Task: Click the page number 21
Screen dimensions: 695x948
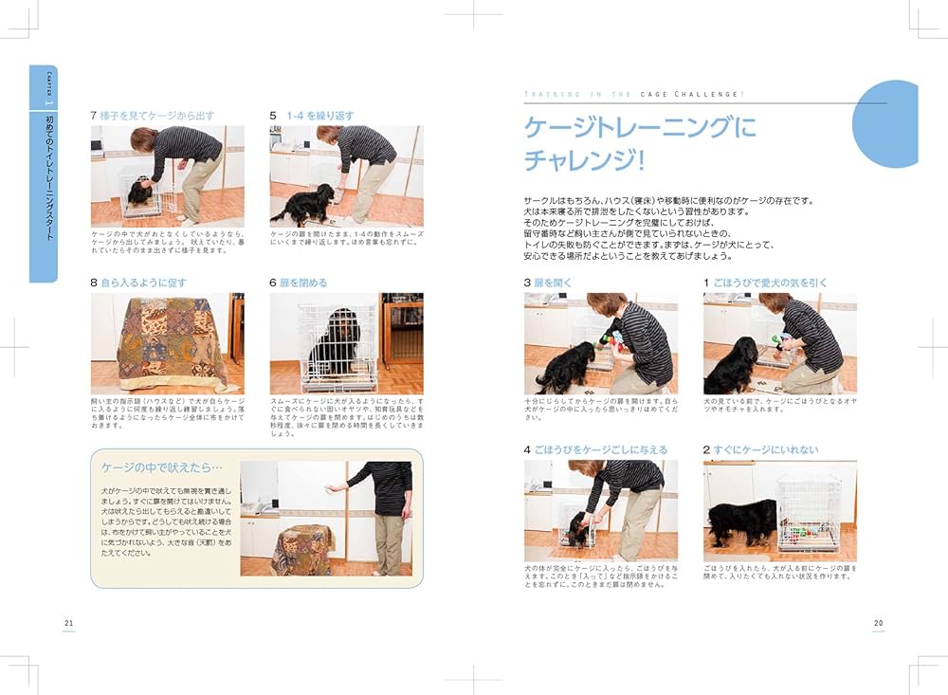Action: [x=68, y=622]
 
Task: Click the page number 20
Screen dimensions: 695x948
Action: [x=878, y=622]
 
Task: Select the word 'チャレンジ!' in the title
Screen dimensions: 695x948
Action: [x=584, y=160]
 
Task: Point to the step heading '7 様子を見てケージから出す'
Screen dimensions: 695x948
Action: [x=152, y=116]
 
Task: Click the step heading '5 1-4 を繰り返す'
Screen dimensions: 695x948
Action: [x=312, y=116]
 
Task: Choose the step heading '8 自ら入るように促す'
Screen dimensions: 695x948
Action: [x=138, y=283]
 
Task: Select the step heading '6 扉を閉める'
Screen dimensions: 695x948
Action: [x=299, y=283]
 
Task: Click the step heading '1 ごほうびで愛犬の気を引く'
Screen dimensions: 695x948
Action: [x=765, y=283]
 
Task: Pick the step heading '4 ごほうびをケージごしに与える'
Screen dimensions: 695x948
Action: [x=595, y=449]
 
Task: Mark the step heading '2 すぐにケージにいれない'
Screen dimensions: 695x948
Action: [x=760, y=449]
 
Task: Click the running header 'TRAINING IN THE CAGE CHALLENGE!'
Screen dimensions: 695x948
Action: [x=633, y=95]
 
